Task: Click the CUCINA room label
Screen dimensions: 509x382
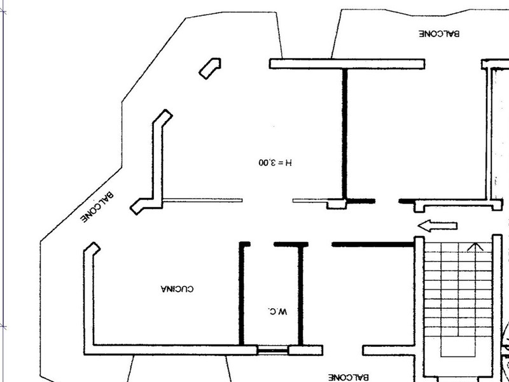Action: pos(178,289)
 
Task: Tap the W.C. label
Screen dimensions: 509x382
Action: pos(278,312)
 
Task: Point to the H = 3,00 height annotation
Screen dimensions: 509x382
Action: pos(275,162)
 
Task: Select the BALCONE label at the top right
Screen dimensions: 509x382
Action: pos(439,34)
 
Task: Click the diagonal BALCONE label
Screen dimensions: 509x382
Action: pos(97,208)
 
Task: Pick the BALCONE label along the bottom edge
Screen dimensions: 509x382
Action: pos(348,378)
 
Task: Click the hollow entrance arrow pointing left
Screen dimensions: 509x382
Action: pos(438,226)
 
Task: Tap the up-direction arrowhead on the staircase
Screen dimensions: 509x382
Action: pos(475,247)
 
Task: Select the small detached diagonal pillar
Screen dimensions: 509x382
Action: pos(210,68)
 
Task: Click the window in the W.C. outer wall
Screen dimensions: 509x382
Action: pos(273,350)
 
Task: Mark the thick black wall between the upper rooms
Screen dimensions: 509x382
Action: pos(345,134)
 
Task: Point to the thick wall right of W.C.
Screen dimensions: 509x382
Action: pos(300,295)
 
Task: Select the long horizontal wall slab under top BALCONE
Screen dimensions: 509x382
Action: pos(347,64)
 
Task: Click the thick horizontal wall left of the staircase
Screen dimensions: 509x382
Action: pos(373,244)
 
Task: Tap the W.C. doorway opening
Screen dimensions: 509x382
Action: pos(262,244)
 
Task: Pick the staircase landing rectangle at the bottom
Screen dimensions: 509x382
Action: pos(457,346)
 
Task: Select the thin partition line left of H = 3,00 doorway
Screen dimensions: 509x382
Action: pos(202,201)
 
